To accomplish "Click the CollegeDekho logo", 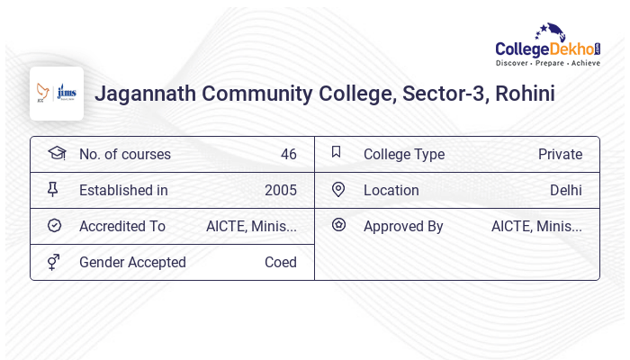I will (x=548, y=46).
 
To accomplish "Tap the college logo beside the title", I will (x=57, y=94).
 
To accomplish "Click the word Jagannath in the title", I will (x=145, y=94).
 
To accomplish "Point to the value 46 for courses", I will (x=288, y=155).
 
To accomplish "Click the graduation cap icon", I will (x=56, y=154).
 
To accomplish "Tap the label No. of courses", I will (x=124, y=155).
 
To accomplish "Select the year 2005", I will (x=280, y=191).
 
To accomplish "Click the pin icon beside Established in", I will (x=53, y=190).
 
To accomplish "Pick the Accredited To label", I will (x=122, y=227).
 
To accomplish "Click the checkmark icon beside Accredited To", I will (x=54, y=226).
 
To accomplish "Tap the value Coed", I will (x=280, y=263).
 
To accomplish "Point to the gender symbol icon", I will (x=54, y=262).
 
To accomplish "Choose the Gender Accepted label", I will (x=132, y=263).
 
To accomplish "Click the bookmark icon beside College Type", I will (x=336, y=153).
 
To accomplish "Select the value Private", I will (x=560, y=155).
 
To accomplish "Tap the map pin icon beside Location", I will (x=338, y=190).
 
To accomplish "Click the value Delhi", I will (x=565, y=191).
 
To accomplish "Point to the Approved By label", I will (x=403, y=227).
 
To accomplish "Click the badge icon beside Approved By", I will (x=338, y=225).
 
